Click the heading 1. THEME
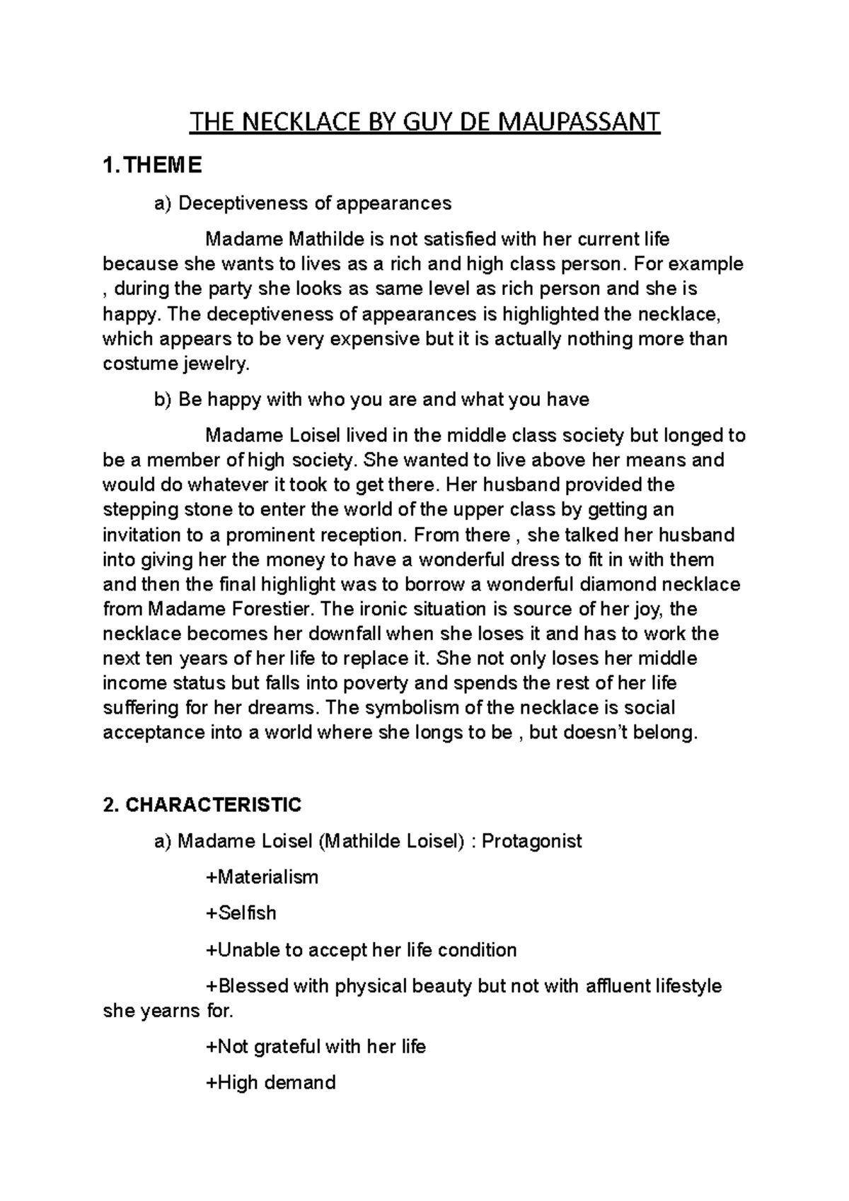pyautogui.click(x=152, y=166)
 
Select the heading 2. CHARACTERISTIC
pyautogui.click(x=202, y=804)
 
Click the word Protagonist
pyautogui.click(x=531, y=841)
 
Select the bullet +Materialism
pyautogui.click(x=262, y=877)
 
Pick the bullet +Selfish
pyautogui.click(x=241, y=913)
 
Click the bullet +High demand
pyautogui.click(x=270, y=1082)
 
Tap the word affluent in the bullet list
pyautogui.click(x=626, y=986)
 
